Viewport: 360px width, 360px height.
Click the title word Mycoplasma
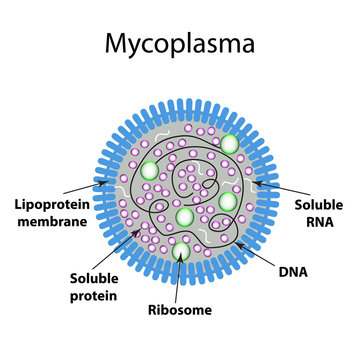(179, 45)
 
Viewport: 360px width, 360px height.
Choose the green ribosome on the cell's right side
(228, 200)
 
